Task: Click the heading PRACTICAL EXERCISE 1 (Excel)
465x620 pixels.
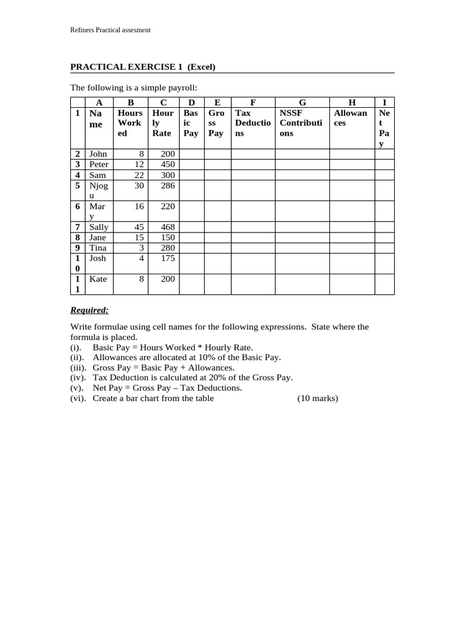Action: pyautogui.click(x=143, y=67)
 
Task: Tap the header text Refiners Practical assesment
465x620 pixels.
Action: pyautogui.click(x=110, y=30)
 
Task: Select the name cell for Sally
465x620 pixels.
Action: pyautogui.click(x=99, y=227)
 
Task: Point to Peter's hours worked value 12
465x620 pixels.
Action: pyautogui.click(x=139, y=165)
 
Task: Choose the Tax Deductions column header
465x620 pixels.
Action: pyautogui.click(x=252, y=123)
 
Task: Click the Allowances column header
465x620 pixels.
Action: pyautogui.click(x=351, y=117)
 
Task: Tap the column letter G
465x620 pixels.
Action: pyautogui.click(x=302, y=102)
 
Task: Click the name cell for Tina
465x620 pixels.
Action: pyautogui.click(x=97, y=248)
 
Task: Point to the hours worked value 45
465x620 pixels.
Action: pyautogui.click(x=139, y=227)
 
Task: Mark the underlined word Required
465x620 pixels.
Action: pyautogui.click(x=90, y=311)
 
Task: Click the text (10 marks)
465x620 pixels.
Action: pyautogui.click(x=317, y=398)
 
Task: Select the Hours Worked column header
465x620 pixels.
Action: pyautogui.click(x=130, y=123)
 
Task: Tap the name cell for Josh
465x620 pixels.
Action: pyautogui.click(x=97, y=258)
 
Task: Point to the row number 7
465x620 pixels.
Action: pyautogui.click(x=77, y=227)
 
